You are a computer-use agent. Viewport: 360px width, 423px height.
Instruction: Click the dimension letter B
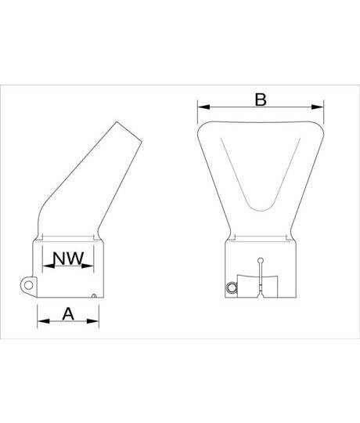[x=261, y=99]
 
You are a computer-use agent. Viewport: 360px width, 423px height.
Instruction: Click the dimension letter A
[x=68, y=313]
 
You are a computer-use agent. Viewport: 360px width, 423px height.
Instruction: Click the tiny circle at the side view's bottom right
[x=94, y=295]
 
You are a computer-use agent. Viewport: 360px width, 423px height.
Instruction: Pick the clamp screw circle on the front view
[x=231, y=289]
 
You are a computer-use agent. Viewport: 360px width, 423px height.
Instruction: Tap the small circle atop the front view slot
[x=261, y=261]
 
